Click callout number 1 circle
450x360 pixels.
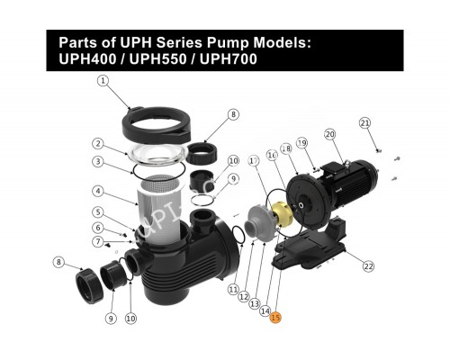coord(103,80)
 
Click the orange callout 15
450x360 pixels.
coord(276,317)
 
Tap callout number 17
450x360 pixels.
coord(254,160)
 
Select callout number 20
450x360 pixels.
coord(329,135)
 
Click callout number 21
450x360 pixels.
coord(364,122)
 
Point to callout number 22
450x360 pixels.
coord(368,265)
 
